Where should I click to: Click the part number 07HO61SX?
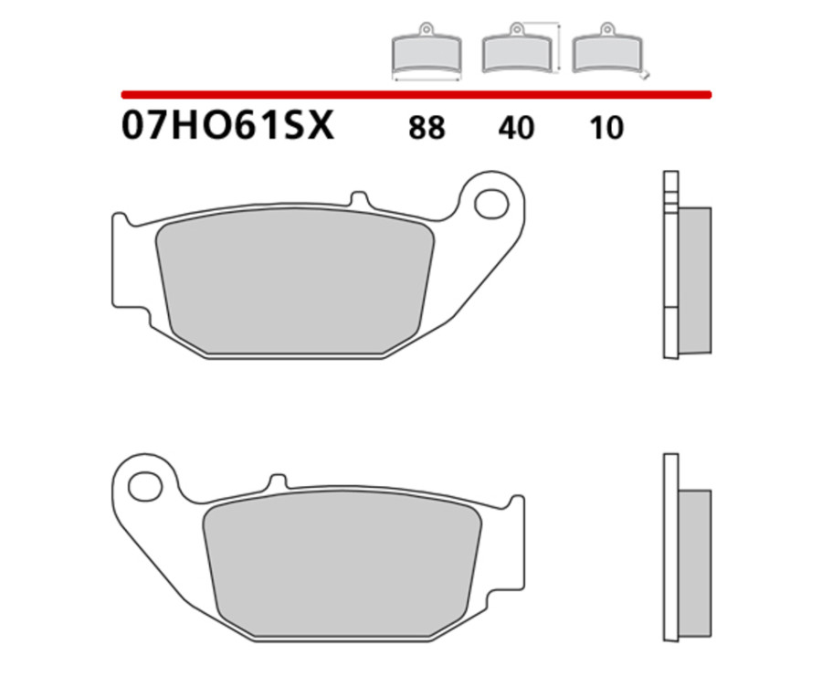click(x=227, y=126)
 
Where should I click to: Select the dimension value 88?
click(x=427, y=128)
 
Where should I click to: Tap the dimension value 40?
click(x=516, y=128)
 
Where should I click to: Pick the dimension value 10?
click(x=606, y=128)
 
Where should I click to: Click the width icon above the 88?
click(x=427, y=53)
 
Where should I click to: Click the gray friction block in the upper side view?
click(x=695, y=280)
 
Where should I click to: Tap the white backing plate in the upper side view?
click(x=669, y=265)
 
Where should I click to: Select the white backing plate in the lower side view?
click(x=669, y=548)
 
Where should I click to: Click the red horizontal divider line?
click(x=416, y=94)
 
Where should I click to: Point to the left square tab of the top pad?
click(x=121, y=260)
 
